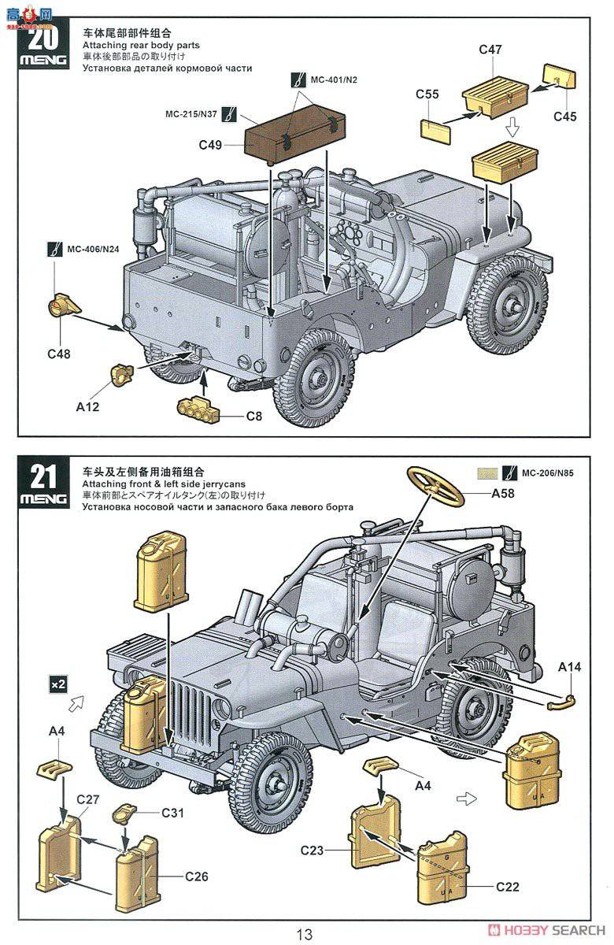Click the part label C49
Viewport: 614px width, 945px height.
pyautogui.click(x=210, y=145)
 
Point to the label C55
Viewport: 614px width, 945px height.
pyautogui.click(x=427, y=94)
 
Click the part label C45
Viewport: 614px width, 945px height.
pyautogui.click(x=564, y=117)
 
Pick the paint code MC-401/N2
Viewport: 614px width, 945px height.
pyautogui.click(x=334, y=80)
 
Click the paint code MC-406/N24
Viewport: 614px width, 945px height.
pyautogui.click(x=93, y=250)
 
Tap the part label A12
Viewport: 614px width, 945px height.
pyautogui.click(x=87, y=406)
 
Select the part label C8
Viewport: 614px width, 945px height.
pyautogui.click(x=253, y=417)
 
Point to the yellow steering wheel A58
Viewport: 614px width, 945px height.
pyautogui.click(x=436, y=487)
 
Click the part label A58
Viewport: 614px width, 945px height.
pyautogui.click(x=503, y=493)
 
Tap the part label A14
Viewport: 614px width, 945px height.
pyautogui.click(x=569, y=667)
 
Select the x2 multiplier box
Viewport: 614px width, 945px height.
pyautogui.click(x=58, y=684)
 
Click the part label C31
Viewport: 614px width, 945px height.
pyautogui.click(x=173, y=812)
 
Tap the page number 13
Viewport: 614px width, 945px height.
pyautogui.click(x=304, y=934)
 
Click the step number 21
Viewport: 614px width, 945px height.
pyautogui.click(x=43, y=476)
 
